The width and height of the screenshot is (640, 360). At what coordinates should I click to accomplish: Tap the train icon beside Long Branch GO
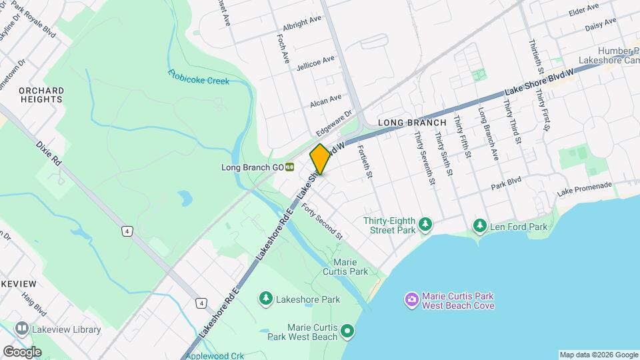coord(290,167)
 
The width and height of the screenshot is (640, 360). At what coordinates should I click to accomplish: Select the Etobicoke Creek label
coord(199,77)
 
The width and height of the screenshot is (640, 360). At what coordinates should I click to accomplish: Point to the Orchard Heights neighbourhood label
coord(41,95)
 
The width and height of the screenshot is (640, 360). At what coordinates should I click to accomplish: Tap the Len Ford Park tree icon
coord(479,227)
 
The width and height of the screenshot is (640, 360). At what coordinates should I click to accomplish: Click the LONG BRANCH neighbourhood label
coord(411,123)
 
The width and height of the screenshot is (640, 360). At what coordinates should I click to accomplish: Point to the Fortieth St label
coord(363,162)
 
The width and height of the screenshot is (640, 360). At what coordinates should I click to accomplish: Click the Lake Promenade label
coord(584,189)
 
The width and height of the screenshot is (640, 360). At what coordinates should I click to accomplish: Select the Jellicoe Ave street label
coord(315,61)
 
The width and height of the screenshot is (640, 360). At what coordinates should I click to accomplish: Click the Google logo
coord(21,351)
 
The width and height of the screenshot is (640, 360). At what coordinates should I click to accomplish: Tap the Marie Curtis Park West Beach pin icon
coord(347,330)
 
